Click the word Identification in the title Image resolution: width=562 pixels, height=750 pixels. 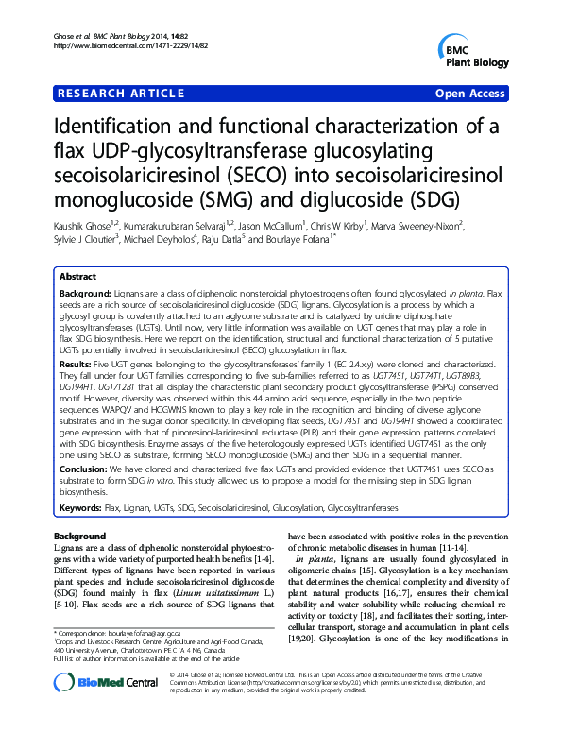(118, 128)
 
